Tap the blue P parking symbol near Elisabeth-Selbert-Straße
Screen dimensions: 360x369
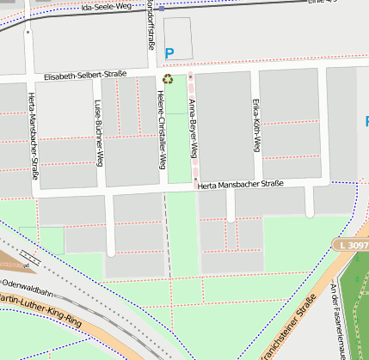(x=169, y=53)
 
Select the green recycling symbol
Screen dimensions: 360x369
(x=167, y=80)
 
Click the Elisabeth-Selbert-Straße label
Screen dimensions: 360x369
(x=85, y=76)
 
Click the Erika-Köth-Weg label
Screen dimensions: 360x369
(x=255, y=125)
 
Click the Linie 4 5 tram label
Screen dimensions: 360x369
(x=323, y=3)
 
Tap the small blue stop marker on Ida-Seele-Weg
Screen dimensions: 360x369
(x=161, y=7)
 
